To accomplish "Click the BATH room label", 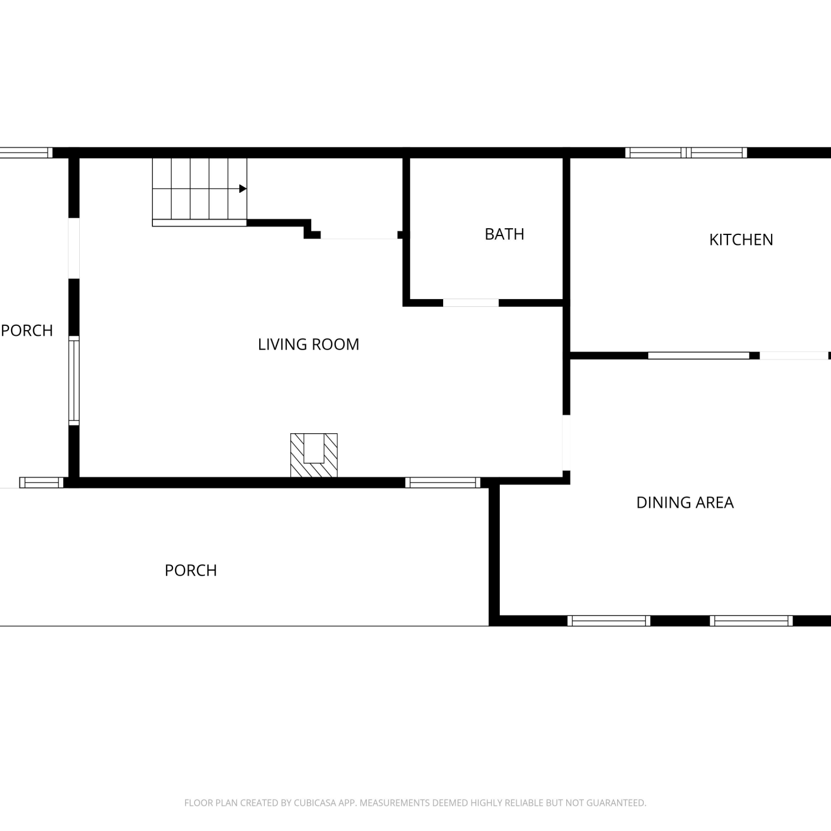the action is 504,234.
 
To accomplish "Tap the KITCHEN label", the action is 741,240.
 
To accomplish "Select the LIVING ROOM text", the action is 309,345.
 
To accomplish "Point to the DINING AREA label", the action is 685,502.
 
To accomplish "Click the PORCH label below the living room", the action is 191,570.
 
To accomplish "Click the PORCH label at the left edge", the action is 27,331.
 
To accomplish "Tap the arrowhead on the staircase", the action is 243,189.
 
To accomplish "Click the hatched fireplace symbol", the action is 314,455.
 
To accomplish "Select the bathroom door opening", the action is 471,303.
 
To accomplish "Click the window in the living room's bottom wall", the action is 443,483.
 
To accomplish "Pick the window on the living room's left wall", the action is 74,381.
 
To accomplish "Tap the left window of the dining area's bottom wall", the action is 609,621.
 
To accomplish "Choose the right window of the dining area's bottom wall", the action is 751,621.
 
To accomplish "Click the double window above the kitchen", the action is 686,153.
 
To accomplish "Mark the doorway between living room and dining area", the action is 566,443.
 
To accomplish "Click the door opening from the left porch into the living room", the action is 74,248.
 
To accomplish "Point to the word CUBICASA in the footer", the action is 317,803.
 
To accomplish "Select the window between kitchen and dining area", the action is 699,356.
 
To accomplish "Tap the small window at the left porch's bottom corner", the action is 42,483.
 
